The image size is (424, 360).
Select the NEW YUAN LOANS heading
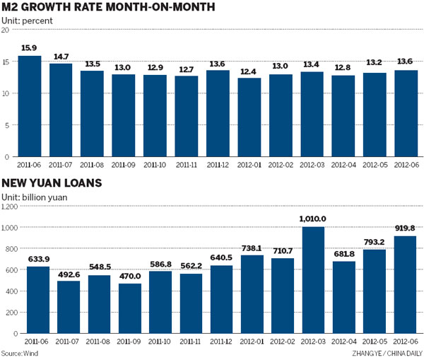[x=52, y=184]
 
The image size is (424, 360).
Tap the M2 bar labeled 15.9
[x=30, y=106]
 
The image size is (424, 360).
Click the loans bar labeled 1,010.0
[x=313, y=279]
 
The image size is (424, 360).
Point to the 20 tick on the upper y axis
[x=6, y=30]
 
